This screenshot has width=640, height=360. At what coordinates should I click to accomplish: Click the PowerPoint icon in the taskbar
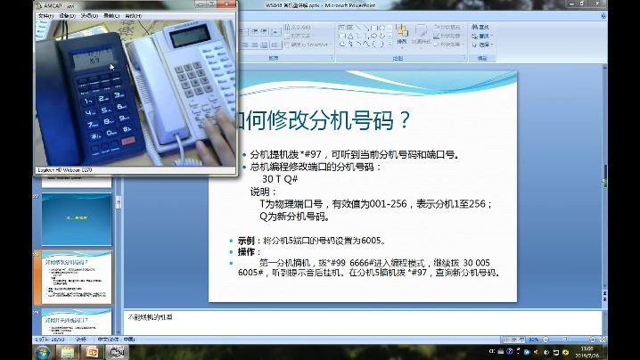[91, 352]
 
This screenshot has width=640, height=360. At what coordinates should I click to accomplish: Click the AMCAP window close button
[234, 5]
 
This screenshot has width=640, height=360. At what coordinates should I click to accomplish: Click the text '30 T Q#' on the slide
[281, 178]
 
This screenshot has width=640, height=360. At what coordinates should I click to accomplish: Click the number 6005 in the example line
[372, 241]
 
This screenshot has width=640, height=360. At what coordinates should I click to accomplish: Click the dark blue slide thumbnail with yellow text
[77, 219]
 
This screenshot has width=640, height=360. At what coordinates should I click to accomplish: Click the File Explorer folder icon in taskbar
[66, 352]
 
